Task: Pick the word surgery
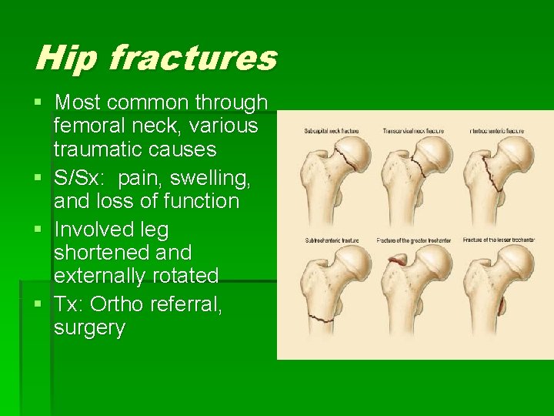[89, 327]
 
